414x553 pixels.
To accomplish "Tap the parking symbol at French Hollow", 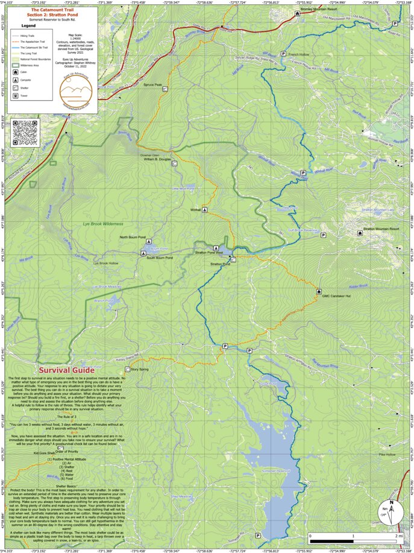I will coord(283,54).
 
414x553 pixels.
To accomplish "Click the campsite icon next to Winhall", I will coord(205,210).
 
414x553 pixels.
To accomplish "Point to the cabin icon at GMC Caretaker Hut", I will coord(318,291).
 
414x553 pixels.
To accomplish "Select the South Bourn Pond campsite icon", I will coord(143,254).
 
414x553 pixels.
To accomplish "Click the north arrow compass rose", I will coord(391,513).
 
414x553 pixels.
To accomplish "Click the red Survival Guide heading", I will coord(66,370).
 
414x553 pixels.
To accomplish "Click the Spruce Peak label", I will coord(152,85).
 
